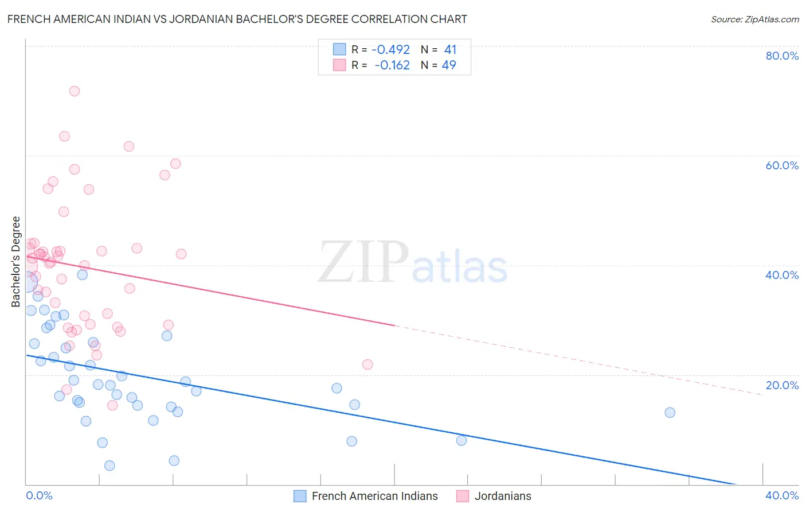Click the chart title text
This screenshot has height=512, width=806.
[237, 19]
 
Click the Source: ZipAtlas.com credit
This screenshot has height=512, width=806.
[754, 19]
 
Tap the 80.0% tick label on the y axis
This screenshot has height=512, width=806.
[782, 56]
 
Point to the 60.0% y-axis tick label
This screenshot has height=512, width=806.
[782, 165]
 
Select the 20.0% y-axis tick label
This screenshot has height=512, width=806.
[782, 385]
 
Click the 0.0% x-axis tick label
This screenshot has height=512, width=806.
[39, 495]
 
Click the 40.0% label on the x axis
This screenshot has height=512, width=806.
[782, 495]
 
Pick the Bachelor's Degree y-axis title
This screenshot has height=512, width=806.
[16, 262]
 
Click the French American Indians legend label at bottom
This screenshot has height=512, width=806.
[374, 496]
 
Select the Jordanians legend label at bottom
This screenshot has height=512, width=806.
[503, 496]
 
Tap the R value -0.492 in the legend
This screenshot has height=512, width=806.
[390, 50]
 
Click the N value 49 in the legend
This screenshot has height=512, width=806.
[449, 65]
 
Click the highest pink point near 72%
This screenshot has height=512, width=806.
[74, 91]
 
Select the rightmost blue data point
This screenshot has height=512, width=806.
[670, 413]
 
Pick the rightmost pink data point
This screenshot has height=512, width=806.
[367, 364]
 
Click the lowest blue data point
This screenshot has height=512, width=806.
[109, 466]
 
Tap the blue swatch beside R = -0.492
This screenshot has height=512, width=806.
[339, 50]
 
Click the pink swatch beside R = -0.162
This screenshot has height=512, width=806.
[339, 65]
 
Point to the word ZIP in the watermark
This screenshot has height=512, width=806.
[363, 262]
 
